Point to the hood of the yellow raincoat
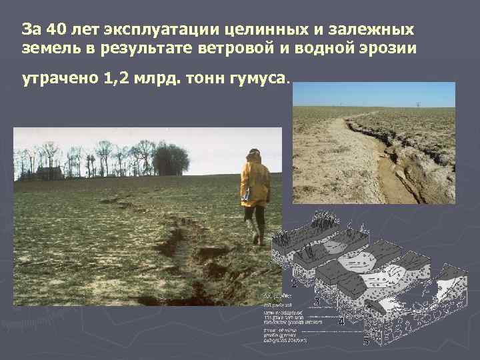pyautogui.click(x=254, y=155)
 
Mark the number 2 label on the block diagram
pyautogui.click(x=294, y=283)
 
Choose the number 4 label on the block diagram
pyautogui.click(x=341, y=322)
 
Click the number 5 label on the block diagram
pyautogui.click(x=366, y=341)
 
